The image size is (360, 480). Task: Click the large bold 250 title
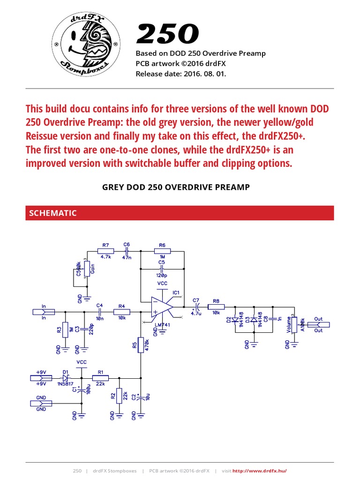(x=167, y=35)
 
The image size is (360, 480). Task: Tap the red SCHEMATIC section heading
(x=53, y=213)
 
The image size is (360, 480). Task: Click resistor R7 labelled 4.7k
(x=105, y=251)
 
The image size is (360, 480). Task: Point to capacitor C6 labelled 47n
(x=126, y=251)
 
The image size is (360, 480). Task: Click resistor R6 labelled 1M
(x=162, y=251)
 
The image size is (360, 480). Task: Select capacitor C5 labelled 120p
(x=162, y=270)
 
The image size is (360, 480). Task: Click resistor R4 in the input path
(x=122, y=312)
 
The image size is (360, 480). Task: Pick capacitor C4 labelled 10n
(x=99, y=312)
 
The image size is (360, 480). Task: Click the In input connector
(x=44, y=312)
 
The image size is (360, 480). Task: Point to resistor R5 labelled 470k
(x=141, y=345)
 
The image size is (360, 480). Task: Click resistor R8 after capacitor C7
(x=216, y=307)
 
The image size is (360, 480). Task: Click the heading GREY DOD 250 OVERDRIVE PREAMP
(x=176, y=187)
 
